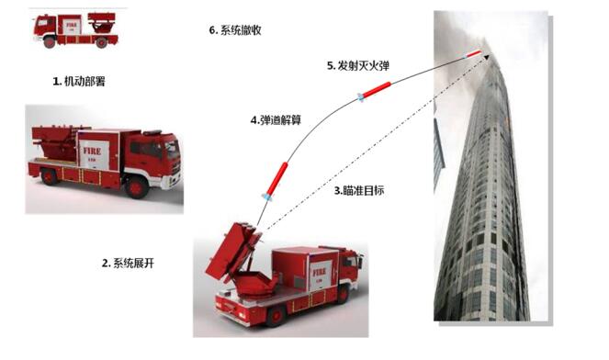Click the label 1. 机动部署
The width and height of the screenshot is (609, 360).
point(79,82)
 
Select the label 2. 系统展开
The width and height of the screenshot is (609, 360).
point(128,264)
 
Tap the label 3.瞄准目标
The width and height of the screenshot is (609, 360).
point(359,191)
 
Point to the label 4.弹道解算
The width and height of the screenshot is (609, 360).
point(276,120)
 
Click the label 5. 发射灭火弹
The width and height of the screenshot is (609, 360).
point(358,65)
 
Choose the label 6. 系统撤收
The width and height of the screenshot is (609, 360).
point(235,30)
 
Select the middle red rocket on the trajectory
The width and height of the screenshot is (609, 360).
point(374,90)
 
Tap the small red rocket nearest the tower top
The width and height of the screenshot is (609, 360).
point(473,54)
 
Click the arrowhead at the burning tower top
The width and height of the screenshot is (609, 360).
point(486,58)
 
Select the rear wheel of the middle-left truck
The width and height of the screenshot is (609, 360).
point(49,176)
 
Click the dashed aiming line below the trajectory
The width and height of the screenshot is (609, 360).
point(375,143)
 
